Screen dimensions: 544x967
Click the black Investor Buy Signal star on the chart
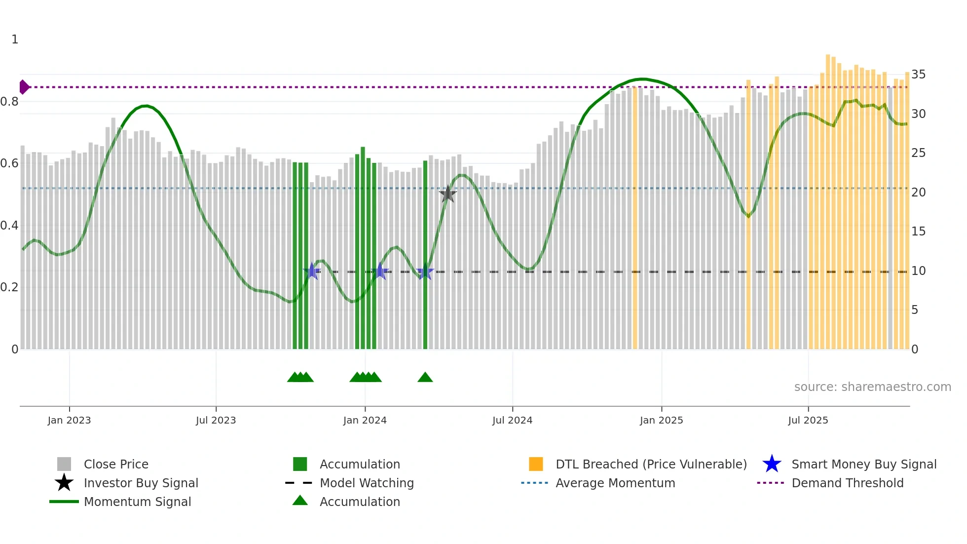tap(447, 194)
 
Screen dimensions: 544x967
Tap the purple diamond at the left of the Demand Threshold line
tap(24, 87)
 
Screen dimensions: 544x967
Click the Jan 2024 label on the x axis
tap(365, 420)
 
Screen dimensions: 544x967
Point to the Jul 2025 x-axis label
tap(808, 420)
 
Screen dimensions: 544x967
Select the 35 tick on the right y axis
tap(918, 75)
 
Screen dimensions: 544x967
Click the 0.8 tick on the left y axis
tap(10, 102)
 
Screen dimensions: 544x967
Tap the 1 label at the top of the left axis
tap(15, 39)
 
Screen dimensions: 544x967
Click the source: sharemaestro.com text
tap(872, 387)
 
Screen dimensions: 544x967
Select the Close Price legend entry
tap(116, 464)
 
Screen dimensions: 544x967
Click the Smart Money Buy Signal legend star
tap(772, 464)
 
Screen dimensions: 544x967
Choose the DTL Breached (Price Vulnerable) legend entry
tap(651, 464)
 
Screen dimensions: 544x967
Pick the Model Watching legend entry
tap(366, 483)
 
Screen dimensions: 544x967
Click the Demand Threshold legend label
tap(847, 483)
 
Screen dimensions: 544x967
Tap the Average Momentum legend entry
tap(615, 483)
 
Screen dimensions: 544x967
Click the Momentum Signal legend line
tap(64, 502)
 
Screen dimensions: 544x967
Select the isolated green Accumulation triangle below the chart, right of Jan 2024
tap(425, 378)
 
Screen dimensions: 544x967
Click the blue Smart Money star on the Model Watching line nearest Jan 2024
tap(380, 271)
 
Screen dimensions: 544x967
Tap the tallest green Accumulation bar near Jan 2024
tap(363, 247)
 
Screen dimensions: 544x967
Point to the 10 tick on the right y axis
tap(918, 271)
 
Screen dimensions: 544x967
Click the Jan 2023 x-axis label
tap(69, 420)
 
